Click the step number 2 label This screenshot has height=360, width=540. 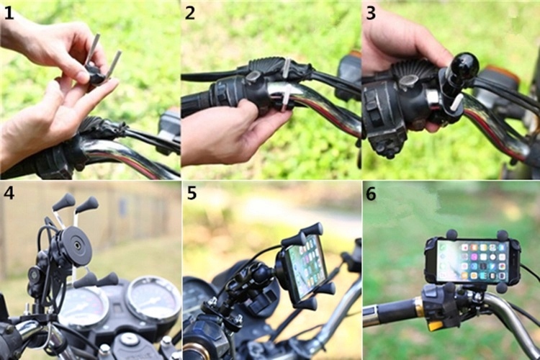click(190, 13)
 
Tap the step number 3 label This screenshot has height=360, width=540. click(371, 13)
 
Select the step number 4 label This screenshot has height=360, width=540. click(9, 193)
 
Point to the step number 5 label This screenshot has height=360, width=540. click(192, 193)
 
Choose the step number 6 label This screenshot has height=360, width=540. click(371, 194)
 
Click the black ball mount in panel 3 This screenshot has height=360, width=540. click(465, 66)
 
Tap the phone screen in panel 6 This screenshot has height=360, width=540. click(473, 261)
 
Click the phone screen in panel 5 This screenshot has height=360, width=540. click(307, 266)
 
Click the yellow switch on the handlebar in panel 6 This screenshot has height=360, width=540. click(435, 325)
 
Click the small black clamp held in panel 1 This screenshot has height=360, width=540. click(95, 73)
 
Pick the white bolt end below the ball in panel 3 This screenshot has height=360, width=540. click(456, 101)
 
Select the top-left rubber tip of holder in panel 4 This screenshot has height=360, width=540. click(64, 202)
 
